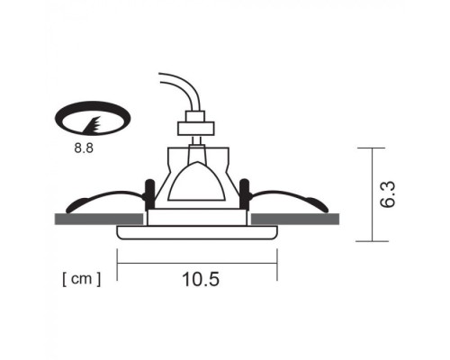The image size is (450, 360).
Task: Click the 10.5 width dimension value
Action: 200,279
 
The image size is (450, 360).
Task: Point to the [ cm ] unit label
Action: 82,279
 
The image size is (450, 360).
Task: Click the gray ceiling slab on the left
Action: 99,219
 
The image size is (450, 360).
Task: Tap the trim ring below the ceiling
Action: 198,233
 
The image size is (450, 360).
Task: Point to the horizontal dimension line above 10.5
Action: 198,263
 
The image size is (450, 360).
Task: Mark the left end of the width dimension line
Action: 119,263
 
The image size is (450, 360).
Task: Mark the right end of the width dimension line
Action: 277,263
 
